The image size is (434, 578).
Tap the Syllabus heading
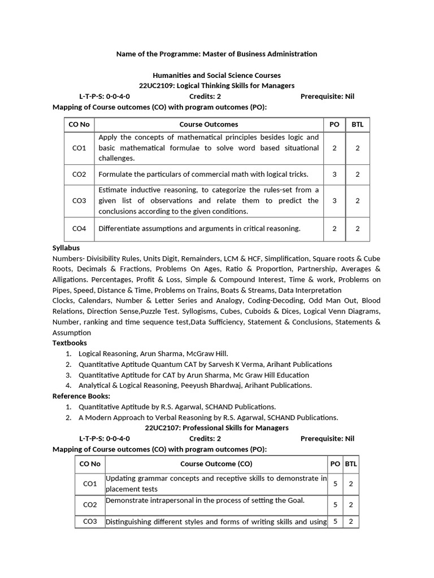tap(66, 248)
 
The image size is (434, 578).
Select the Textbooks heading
tap(70, 343)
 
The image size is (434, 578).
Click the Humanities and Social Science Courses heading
tap(216, 75)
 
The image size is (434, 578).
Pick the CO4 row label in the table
tap(79, 229)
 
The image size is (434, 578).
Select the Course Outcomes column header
tap(209, 124)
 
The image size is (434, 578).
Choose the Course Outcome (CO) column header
tap(216, 464)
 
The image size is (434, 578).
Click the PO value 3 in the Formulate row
tap(335, 174)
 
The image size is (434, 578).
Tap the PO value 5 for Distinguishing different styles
tap(335, 522)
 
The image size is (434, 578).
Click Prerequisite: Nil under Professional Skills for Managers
tap(327, 439)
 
